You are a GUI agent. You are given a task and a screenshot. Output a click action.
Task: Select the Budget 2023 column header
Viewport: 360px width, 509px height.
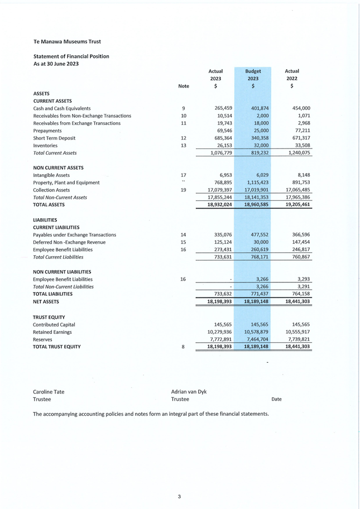[x=253, y=75]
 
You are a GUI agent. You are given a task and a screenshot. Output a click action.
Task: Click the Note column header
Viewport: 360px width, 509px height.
[x=184, y=87]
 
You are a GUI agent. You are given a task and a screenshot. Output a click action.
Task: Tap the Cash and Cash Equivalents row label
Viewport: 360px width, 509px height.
[x=62, y=108]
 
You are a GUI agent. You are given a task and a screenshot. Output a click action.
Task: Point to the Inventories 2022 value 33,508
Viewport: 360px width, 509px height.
[x=300, y=146]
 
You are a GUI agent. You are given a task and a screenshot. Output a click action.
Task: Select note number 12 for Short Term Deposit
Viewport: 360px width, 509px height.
[x=184, y=138]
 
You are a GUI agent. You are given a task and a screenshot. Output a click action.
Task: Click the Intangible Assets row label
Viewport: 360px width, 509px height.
[x=51, y=175]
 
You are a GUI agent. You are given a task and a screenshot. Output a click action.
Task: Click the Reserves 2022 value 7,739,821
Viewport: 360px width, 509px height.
[x=297, y=339]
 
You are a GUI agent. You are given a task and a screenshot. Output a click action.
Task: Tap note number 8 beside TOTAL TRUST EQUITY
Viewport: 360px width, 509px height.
[x=184, y=347]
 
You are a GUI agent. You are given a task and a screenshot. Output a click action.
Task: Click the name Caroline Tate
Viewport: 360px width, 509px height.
[x=49, y=392]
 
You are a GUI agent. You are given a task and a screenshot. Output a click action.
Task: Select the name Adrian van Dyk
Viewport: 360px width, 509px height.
[x=189, y=392]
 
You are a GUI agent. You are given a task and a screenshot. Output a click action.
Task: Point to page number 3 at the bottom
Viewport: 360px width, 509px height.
[x=179, y=496]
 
